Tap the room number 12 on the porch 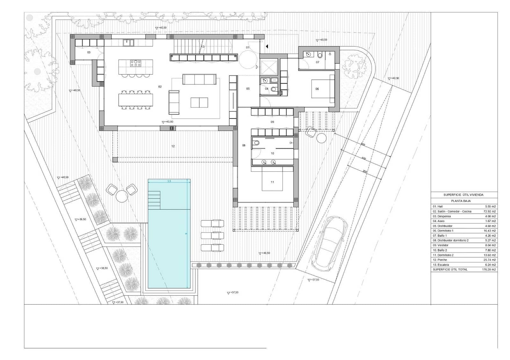pos(173,146)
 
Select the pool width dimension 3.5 pos(169,181)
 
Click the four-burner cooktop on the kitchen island pos(135,63)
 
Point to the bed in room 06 pos(322,89)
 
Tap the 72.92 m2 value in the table pos(489,212)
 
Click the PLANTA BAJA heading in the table pos(461,201)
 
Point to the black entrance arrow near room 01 pos(267,47)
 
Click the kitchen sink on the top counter pos(128,42)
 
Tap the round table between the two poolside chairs pos(121,196)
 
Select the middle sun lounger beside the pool pos(212,235)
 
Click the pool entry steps pos(154,199)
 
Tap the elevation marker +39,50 pos(82,220)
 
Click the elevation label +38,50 pos(104,268)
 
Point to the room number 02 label pos(160,87)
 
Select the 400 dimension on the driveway pos(364,158)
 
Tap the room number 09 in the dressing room pos(272,122)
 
